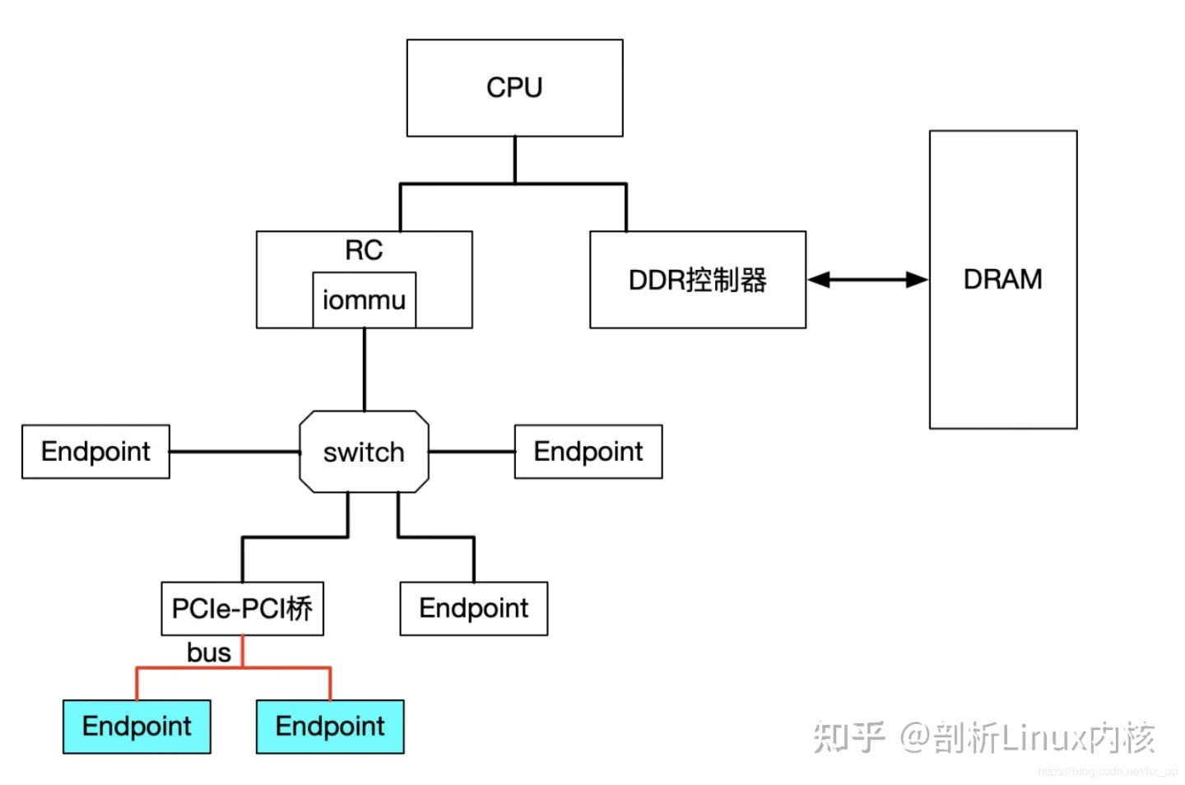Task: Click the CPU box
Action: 514,88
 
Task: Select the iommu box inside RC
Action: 364,300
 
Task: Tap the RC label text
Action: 364,250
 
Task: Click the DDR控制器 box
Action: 697,280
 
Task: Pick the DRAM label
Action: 1002,280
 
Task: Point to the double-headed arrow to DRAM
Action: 867,280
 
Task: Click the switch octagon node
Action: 364,452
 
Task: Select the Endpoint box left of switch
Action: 95,452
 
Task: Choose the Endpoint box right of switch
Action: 588,452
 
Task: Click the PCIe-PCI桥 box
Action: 242,609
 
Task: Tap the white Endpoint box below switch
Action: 473,609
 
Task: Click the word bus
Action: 208,653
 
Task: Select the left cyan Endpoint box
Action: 137,727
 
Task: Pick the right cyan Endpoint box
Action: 330,727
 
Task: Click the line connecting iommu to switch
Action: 364,370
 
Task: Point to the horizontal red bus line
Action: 189,667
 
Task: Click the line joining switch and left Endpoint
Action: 235,452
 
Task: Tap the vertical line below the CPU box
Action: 515,160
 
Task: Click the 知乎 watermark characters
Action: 848,737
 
